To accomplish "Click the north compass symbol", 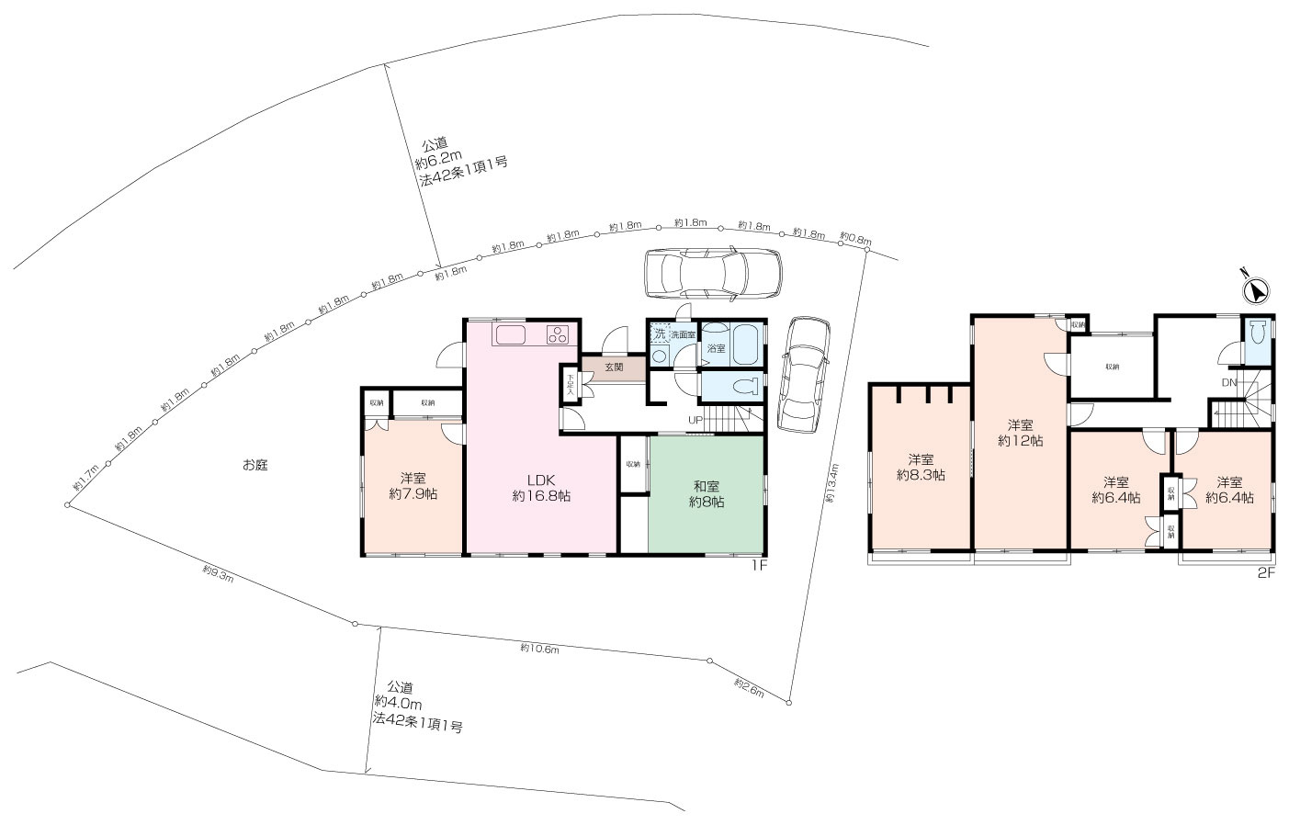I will (x=1255, y=290).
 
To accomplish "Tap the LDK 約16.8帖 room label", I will (x=541, y=487).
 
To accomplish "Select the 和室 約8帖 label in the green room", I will (x=707, y=494).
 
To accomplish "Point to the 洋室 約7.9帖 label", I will (x=413, y=485).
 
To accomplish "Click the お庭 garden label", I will (x=254, y=465).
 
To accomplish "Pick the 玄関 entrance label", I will (x=614, y=367).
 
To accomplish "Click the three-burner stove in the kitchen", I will (x=558, y=334).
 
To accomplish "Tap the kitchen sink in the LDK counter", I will (x=508, y=334).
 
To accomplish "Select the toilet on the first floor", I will (x=745, y=385).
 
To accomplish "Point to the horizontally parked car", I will (x=713, y=273).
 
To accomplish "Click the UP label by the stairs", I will (x=697, y=421).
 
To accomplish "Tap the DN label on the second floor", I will (x=1228, y=382).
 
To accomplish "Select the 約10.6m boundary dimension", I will (x=539, y=649).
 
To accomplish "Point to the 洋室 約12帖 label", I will (x=1020, y=433).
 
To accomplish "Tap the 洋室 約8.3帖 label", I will (x=922, y=467).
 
